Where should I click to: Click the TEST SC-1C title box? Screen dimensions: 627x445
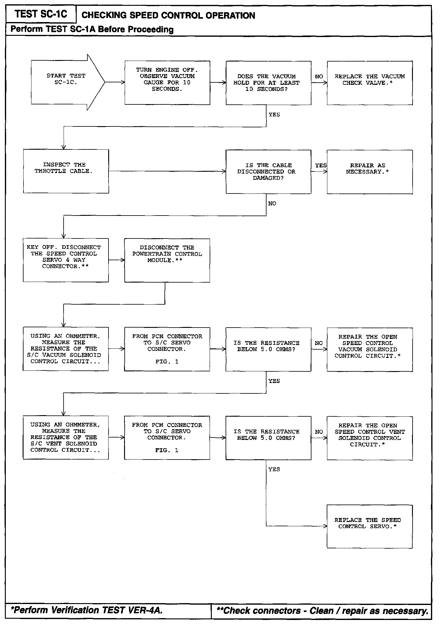tap(41, 14)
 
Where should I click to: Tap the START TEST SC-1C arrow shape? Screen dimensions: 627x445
tap(66, 82)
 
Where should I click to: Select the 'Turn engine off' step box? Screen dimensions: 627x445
tap(167, 83)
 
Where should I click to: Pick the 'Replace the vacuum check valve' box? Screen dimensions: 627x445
tap(370, 83)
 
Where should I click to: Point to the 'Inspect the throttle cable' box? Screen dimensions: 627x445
tap(66, 171)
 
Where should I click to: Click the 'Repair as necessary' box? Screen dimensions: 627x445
tap(370, 171)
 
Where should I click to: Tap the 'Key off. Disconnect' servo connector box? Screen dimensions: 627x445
tap(66, 260)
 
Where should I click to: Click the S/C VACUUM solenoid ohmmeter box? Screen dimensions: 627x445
tap(66, 349)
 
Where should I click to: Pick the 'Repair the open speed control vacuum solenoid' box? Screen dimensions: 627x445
tap(370, 349)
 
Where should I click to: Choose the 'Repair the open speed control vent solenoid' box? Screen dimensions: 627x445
tap(370, 438)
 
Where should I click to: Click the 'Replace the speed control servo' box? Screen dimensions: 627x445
tap(370, 526)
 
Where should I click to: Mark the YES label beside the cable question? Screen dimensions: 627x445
tap(321, 165)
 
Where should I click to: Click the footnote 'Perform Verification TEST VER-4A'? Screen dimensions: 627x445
tap(87, 610)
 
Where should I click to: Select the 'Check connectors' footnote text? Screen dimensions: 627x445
tap(322, 611)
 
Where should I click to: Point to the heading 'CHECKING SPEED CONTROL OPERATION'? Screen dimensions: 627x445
tap(168, 15)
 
